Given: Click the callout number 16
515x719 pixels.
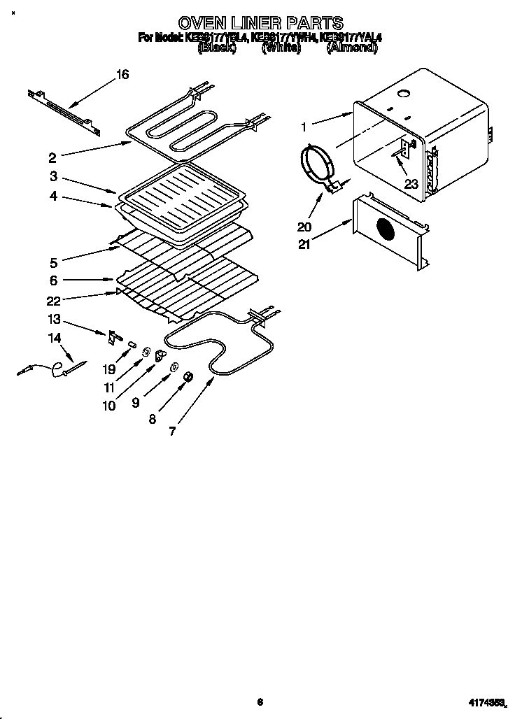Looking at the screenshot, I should (x=122, y=75).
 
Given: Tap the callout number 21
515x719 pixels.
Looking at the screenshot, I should (x=303, y=243).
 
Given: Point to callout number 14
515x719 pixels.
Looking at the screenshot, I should (x=55, y=338).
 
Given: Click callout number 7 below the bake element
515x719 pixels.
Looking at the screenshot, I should (x=171, y=432).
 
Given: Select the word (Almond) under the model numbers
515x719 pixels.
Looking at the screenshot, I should (x=352, y=48).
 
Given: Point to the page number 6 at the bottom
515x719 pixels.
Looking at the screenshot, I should (x=260, y=702).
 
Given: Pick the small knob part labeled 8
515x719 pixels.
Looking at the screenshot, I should (x=188, y=378).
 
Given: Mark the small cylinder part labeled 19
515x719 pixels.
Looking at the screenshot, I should (x=131, y=344).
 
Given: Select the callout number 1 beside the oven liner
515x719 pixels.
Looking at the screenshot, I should (x=304, y=127).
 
